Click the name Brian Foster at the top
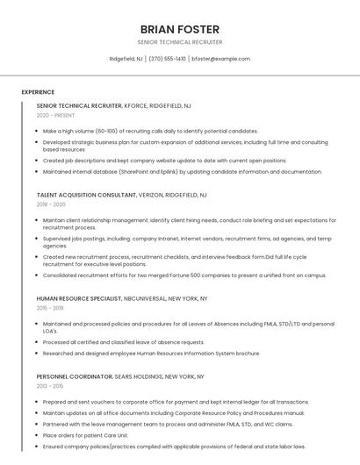pos(180,29)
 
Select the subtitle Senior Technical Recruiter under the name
pos(180,42)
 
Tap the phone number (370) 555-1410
pos(167,59)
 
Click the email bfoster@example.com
pos(220,59)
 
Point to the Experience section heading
pos(38,92)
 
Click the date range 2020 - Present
pos(55,115)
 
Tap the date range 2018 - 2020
pos(51,204)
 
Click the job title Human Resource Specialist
pos(78,298)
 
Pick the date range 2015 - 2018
pos(50,308)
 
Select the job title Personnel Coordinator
pos(75,376)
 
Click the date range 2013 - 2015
pos(50,386)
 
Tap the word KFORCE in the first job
pos(136,105)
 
